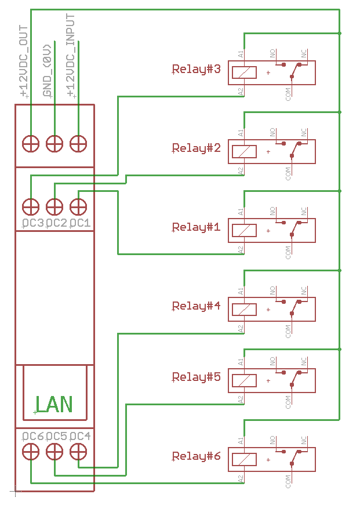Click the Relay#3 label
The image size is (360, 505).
click(x=197, y=70)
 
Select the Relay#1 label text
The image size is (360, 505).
click(x=197, y=227)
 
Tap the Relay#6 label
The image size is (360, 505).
click(x=197, y=456)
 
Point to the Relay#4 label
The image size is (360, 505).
click(x=197, y=306)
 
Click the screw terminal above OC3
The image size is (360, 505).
click(x=30, y=206)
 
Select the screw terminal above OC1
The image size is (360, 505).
click(x=78, y=206)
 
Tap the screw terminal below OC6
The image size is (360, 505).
click(x=30, y=450)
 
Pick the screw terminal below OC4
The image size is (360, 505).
click(x=78, y=450)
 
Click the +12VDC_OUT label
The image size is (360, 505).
click(x=23, y=61)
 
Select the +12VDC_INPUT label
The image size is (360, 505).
click(x=71, y=56)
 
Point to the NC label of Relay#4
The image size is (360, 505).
click(x=304, y=290)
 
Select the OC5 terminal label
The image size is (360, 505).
click(x=56, y=436)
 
